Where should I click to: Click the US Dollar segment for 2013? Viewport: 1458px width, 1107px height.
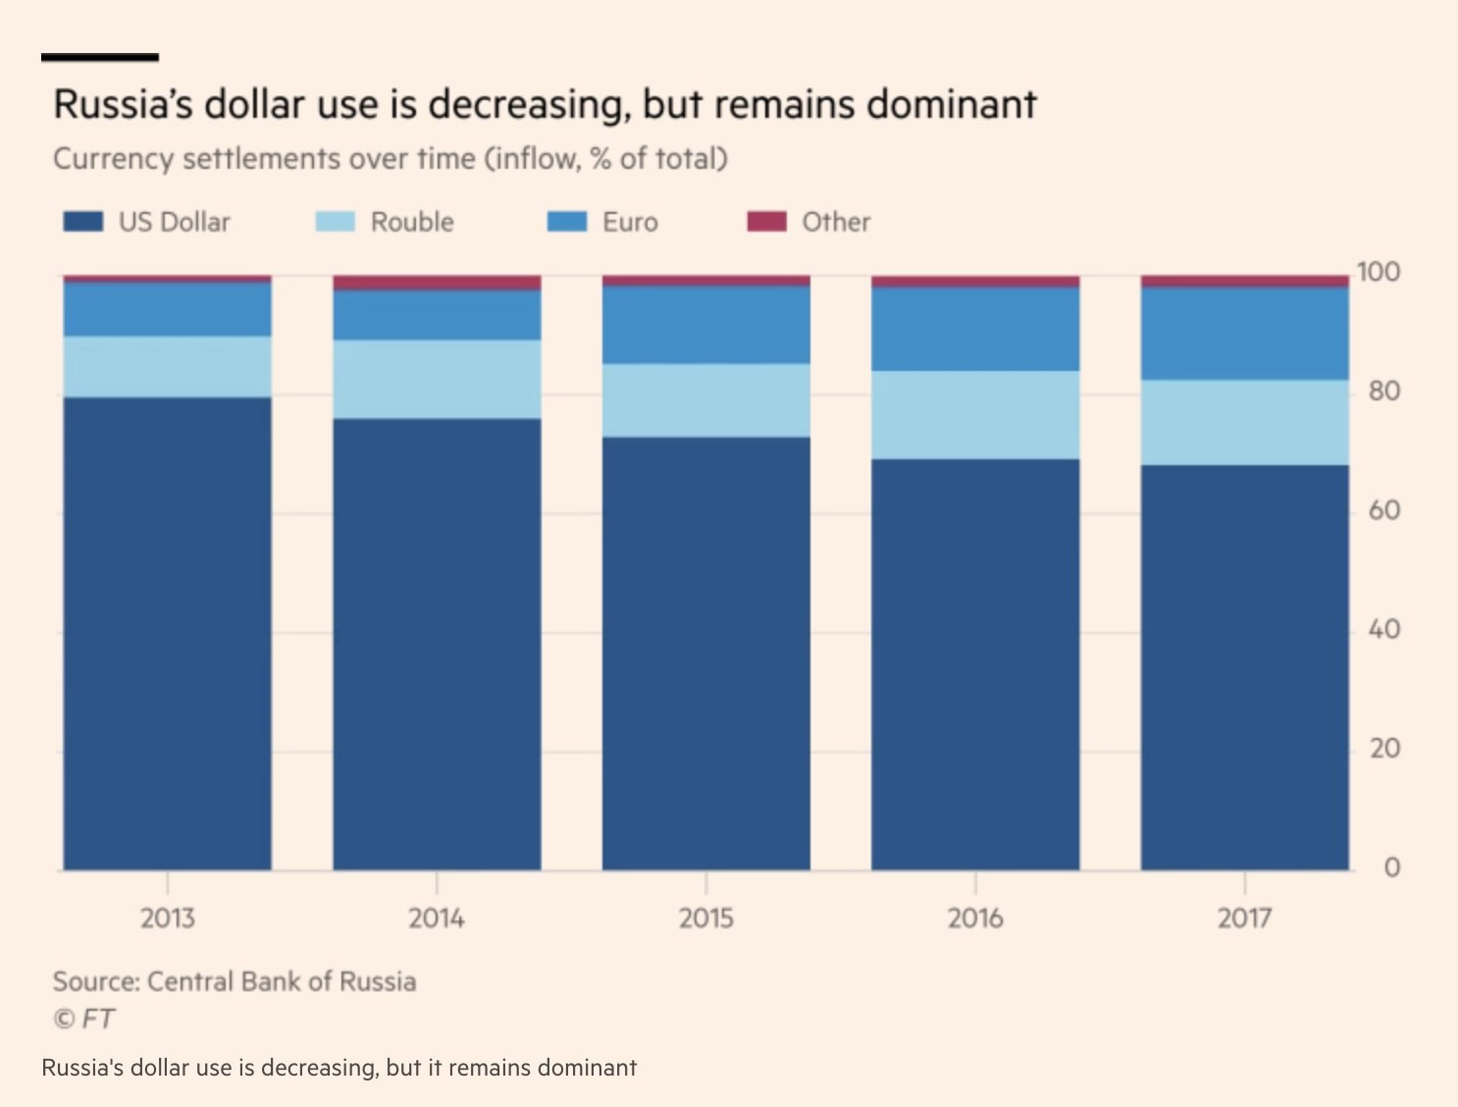click(x=167, y=633)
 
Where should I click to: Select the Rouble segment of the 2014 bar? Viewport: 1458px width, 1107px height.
click(x=437, y=380)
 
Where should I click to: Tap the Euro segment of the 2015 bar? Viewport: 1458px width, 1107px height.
click(x=706, y=325)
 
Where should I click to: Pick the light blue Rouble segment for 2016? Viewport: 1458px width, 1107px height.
click(x=975, y=415)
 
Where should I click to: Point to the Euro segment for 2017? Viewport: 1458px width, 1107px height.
click(x=1244, y=334)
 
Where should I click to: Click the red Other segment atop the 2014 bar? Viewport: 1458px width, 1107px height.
click(x=437, y=283)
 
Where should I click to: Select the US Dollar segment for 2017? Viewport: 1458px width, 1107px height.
click(x=1244, y=667)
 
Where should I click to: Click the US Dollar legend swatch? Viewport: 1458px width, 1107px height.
click(x=83, y=222)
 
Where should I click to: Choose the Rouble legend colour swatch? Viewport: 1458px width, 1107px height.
click(x=335, y=222)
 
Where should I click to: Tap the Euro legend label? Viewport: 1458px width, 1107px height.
click(x=630, y=222)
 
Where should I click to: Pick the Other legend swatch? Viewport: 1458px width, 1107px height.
click(x=766, y=222)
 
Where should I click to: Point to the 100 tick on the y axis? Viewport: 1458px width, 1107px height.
click(x=1379, y=272)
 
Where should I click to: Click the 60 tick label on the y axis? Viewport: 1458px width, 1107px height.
click(x=1383, y=510)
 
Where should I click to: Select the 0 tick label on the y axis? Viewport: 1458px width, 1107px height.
click(x=1390, y=868)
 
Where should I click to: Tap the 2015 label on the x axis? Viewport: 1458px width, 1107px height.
click(x=706, y=919)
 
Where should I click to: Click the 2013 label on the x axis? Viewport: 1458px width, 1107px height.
click(x=167, y=919)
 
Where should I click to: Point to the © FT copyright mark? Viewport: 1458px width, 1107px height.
click(x=83, y=1019)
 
